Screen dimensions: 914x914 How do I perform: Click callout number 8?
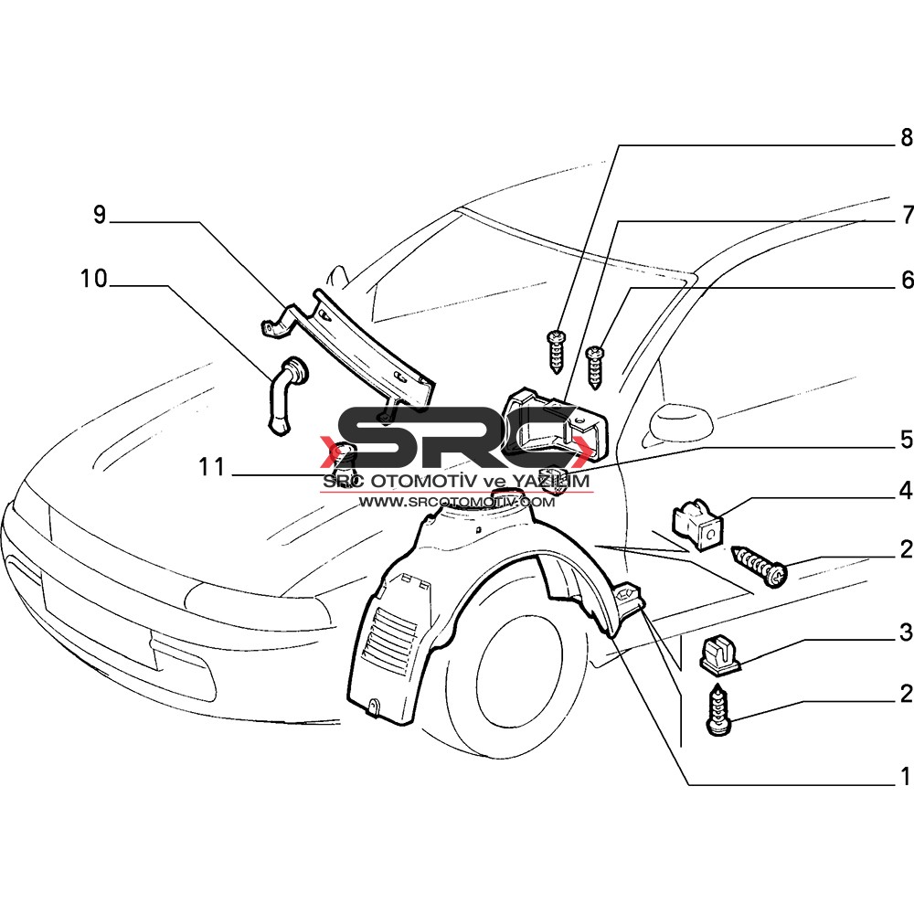pos(906,138)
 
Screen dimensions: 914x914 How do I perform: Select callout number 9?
pos(101,215)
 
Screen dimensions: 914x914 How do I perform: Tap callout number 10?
pos(94,279)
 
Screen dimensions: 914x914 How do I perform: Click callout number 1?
pos(906,776)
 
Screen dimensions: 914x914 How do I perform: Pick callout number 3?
pos(906,632)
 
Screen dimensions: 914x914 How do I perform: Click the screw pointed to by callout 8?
pos(556,352)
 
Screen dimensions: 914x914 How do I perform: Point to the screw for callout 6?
pos(596,367)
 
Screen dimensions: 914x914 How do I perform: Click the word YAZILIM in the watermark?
pos(550,482)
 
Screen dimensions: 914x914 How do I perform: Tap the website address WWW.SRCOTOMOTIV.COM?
pos(457,501)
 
